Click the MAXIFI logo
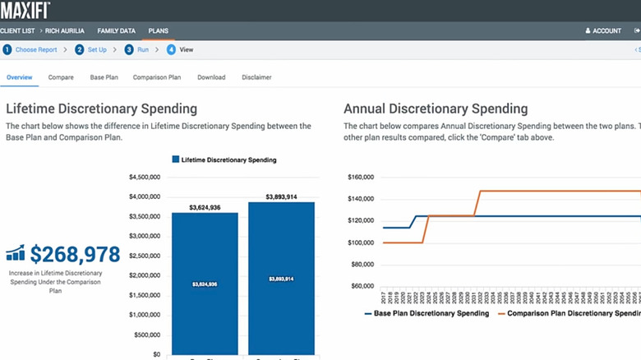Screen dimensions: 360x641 [x=25, y=10]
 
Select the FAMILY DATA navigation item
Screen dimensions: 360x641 [x=116, y=30]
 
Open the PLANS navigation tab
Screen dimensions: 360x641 [x=158, y=30]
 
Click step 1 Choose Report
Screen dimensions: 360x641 [x=31, y=49]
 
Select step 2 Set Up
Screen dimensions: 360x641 [x=90, y=49]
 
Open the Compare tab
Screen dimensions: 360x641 [x=61, y=77]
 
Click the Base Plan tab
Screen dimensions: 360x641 [x=104, y=77]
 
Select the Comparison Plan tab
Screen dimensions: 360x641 [x=156, y=77]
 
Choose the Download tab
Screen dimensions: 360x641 [x=211, y=77]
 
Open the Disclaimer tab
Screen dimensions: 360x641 [x=256, y=77]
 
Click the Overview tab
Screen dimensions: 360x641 [x=20, y=77]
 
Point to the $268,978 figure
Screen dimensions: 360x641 [x=75, y=254]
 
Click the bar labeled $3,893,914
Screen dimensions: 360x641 [x=281, y=279]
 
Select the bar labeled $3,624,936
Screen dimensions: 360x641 [x=205, y=284]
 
